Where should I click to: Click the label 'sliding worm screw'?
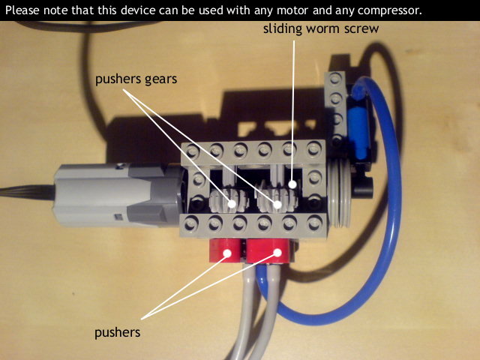pos(321,28)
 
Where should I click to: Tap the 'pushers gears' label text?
pos(136,79)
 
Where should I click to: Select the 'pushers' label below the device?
pos(118,333)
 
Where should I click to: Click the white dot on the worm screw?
pos(292,184)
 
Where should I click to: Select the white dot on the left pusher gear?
pos(232,203)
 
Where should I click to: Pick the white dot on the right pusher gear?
pos(277,205)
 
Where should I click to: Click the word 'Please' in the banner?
pos(22,10)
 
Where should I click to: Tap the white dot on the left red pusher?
pos(227,253)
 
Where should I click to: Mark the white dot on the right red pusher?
pos(277,253)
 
